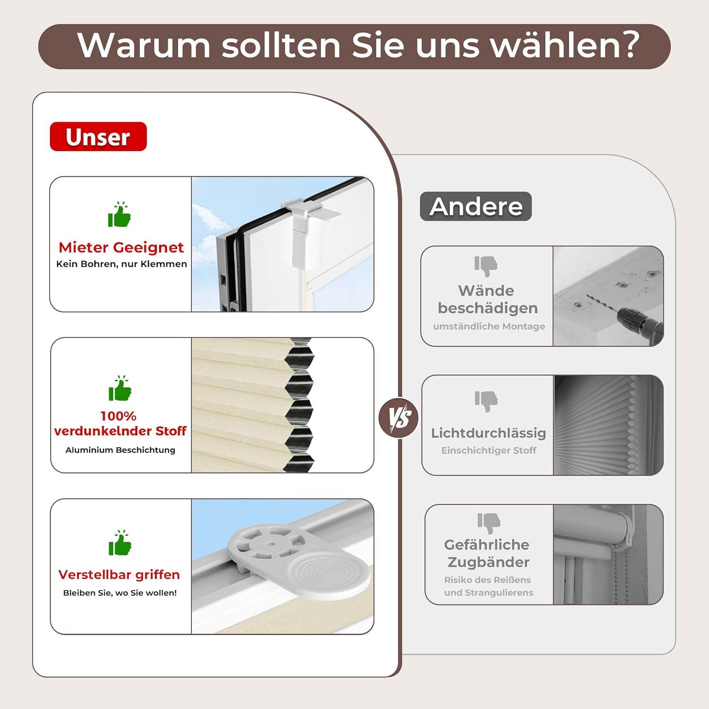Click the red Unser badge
(98, 137)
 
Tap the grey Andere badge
(476, 206)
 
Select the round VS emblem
(399, 418)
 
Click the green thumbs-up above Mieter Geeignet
(119, 214)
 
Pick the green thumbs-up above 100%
(120, 388)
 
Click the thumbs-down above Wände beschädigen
(486, 266)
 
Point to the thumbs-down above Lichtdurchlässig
(486, 401)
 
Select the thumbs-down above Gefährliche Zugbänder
(489, 523)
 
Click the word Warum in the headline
(144, 45)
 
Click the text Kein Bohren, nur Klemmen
(121, 264)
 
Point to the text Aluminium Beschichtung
(120, 450)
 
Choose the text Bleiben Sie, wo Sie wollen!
(120, 593)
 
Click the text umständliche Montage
(489, 326)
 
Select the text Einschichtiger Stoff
(489, 450)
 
